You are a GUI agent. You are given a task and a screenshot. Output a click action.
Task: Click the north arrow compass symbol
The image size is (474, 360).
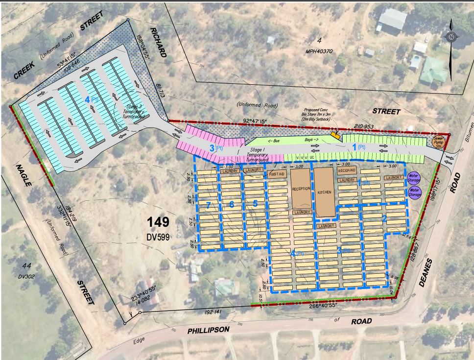(450, 35)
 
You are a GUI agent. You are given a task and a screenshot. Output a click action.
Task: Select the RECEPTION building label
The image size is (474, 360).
(301, 189)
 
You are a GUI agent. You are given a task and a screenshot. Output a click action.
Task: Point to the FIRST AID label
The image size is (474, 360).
(276, 174)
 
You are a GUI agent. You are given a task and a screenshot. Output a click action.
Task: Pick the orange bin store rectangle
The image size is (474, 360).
(335, 135)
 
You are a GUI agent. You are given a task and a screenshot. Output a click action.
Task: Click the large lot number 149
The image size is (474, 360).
(159, 222)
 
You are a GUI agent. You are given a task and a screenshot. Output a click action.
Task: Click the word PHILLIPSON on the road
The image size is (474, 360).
(209, 331)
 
